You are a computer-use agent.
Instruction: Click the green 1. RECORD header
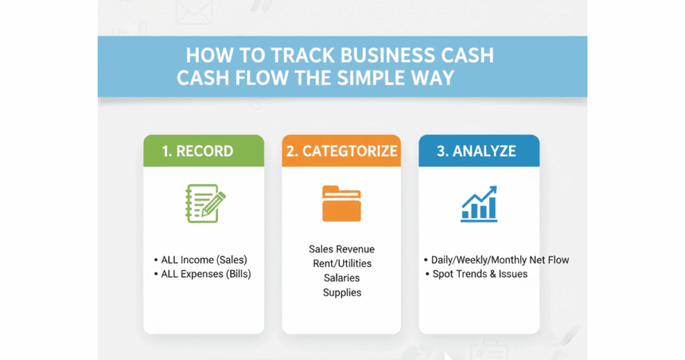coord(203,151)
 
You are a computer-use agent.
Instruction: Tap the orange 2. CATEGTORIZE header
coord(342,151)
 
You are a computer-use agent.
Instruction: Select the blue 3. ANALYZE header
coord(478,151)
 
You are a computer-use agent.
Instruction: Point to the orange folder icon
coord(342,204)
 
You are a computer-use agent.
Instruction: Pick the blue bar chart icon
coord(479,204)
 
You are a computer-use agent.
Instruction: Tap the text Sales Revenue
coord(342,249)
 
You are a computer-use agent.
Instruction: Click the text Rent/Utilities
coord(342,264)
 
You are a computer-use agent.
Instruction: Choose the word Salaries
coord(342,278)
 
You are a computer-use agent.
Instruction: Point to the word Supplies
coord(342,292)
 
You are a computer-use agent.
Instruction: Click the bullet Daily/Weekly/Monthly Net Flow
coord(496,260)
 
